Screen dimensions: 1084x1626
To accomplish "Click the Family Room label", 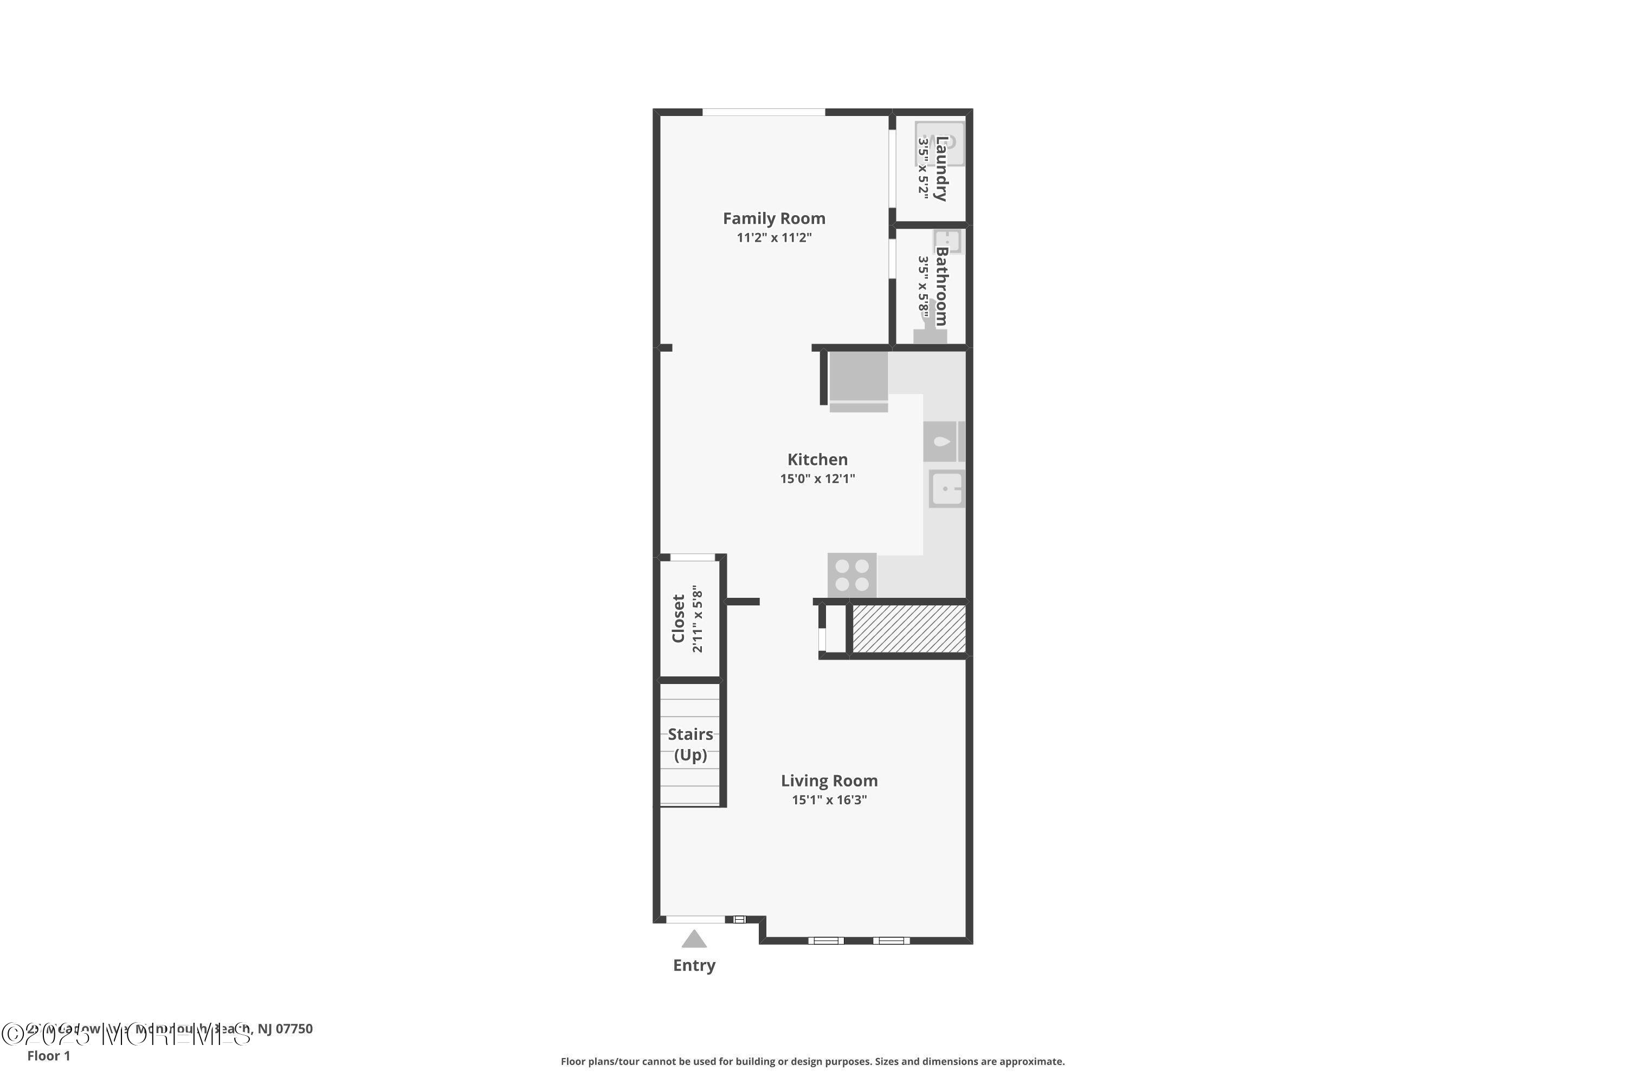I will coord(773,218).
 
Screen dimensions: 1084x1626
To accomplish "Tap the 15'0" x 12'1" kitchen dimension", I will coord(817,479).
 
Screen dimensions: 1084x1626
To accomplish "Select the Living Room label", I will coord(829,780).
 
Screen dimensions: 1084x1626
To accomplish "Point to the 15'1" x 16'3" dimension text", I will coord(829,800).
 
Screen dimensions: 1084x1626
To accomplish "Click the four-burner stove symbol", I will coord(851,575).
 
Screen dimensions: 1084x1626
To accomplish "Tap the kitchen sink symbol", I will coord(946,489).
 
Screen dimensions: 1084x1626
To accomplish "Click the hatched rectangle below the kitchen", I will coord(908,628).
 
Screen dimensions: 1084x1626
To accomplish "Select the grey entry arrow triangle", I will coord(694,939).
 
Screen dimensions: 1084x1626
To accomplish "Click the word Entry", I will coord(694,965).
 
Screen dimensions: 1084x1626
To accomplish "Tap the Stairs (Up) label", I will coord(690,745).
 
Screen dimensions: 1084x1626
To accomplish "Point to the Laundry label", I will coord(941,169).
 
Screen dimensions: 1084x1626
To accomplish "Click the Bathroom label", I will coord(941,286).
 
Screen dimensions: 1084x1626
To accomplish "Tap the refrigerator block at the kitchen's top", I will coord(859,377).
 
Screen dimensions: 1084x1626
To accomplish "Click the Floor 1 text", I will coord(48,1056).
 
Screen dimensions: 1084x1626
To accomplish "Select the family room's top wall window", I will coord(764,112).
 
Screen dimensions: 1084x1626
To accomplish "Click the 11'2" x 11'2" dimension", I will coord(773,238).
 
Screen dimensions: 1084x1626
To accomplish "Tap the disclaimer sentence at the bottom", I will coord(812,1061).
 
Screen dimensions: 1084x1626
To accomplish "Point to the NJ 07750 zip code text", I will coord(285,1029).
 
